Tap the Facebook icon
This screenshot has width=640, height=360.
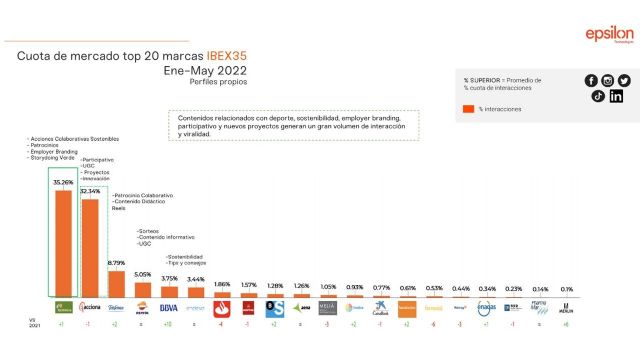pos(591,80)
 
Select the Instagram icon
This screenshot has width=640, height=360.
pos(608,80)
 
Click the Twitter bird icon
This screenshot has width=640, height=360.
pos(624,80)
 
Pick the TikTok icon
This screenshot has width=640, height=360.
pos(598,96)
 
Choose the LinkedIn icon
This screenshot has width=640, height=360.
pos(616,96)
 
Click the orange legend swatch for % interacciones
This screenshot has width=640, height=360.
pos(468,108)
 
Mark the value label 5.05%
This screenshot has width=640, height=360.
pos(142,274)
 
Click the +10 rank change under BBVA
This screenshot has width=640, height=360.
pos(169,324)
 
